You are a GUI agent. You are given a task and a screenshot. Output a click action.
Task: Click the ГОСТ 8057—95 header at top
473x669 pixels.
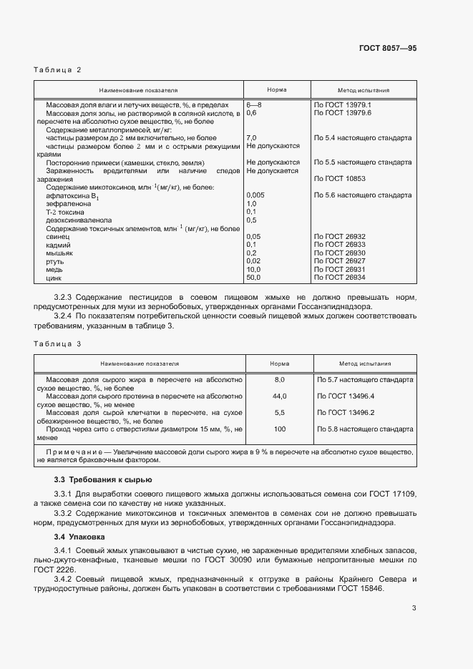pos(387,48)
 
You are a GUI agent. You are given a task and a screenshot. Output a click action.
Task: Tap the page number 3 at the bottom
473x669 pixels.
pos(414,608)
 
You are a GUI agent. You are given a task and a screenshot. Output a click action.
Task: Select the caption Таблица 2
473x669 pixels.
pos(58,69)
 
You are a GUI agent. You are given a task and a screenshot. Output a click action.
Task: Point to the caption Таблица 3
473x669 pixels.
pos(58,343)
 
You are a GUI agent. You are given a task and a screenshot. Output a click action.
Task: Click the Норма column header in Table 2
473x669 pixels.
pos(277,91)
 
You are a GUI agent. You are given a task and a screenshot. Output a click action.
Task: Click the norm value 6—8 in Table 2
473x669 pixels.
pos(254,104)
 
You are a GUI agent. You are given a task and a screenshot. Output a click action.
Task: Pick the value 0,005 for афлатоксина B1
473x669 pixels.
pos(255,195)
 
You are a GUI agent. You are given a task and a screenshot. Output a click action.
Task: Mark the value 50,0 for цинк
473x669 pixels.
pos(254,277)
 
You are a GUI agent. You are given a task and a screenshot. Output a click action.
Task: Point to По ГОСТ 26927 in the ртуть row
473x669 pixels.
pos(339,260)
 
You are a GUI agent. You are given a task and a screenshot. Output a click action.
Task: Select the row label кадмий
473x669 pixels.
pos(58,244)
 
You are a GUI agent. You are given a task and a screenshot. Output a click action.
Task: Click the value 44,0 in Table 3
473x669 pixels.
pos(279,396)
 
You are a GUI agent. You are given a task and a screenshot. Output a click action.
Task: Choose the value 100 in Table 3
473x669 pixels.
pos(279,429)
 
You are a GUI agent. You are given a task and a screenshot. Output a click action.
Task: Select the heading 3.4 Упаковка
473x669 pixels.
pos(80,535)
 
